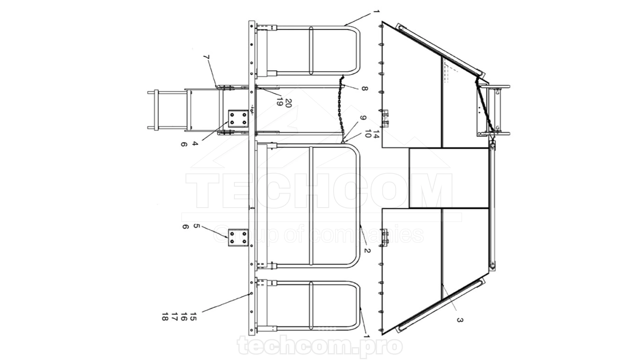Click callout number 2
pos(367,250)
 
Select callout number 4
pos(195,144)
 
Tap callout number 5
pos(196,226)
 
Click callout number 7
pos(207,57)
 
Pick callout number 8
pos(364,88)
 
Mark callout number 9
pos(362,118)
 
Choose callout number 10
pos(368,134)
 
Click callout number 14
pos(376,134)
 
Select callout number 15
pos(194,316)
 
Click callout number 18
pos(165,316)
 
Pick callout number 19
pos(280,102)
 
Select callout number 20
pos(289,103)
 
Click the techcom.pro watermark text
pos(320,346)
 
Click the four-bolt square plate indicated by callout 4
pos(238,118)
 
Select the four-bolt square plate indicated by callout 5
pos(238,238)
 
